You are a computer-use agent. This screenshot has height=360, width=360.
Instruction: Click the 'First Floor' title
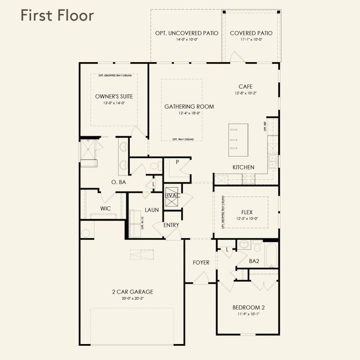tap(57, 16)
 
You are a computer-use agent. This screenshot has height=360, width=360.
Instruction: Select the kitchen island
tap(238, 140)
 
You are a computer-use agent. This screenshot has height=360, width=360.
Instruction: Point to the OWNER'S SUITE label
tap(114, 97)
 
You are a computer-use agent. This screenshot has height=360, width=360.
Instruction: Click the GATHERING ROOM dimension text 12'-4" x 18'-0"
tap(189, 113)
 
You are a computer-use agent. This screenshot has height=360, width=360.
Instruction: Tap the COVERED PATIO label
tap(251, 33)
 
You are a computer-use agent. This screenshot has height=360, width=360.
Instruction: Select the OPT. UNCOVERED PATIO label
tap(187, 33)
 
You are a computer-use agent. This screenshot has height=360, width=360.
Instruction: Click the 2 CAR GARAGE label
tap(132, 292)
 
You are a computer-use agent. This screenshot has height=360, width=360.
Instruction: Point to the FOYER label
tap(201, 263)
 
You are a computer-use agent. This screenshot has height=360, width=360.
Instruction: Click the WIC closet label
tap(106, 209)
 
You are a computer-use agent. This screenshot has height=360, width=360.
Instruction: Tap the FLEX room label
tap(247, 212)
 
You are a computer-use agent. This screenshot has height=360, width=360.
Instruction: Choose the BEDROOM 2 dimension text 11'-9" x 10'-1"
tap(248, 314)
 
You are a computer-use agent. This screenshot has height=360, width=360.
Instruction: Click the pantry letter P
tap(177, 162)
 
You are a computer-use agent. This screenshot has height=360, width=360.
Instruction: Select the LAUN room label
tap(152, 210)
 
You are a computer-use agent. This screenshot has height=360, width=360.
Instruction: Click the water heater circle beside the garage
tap(85, 233)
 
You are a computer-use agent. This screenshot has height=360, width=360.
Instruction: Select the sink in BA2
tap(244, 245)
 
